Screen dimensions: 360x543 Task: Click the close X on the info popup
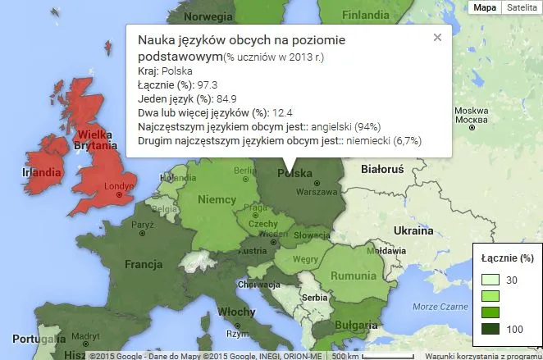tap(437, 37)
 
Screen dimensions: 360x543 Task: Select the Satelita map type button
tap(521, 7)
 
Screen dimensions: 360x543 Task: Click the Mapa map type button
tap(484, 7)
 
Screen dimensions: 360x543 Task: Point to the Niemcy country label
tap(217, 199)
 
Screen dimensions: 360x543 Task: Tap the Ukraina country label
tap(413, 230)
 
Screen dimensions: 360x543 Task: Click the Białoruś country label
tap(382, 169)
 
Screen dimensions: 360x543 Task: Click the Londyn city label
tap(120, 186)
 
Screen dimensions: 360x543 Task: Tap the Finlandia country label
tap(365, 15)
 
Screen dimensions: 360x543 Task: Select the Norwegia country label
tap(208, 16)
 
